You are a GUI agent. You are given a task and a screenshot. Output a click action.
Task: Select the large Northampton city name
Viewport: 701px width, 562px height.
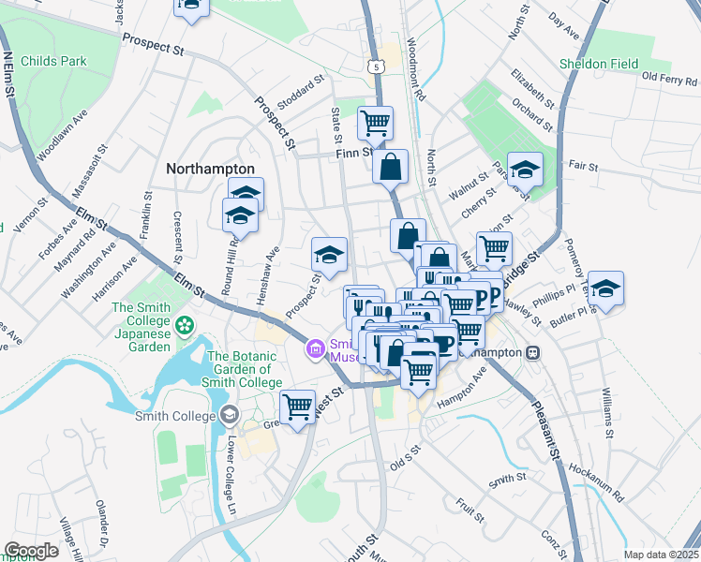(210, 169)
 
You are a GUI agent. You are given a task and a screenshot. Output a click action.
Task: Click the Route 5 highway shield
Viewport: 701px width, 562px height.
(376, 67)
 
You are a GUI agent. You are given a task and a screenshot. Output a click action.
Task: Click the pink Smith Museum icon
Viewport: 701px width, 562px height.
(315, 350)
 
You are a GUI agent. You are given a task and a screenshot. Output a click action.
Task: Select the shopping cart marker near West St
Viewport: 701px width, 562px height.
(297, 407)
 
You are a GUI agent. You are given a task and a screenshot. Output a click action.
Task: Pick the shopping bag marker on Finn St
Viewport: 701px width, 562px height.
(390, 168)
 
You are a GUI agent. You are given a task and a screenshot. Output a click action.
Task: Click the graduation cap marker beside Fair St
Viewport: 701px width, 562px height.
(526, 170)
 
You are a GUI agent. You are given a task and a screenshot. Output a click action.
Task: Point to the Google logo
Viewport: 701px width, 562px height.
(31, 551)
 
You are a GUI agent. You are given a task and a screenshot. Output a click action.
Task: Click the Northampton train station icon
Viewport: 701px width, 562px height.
(532, 352)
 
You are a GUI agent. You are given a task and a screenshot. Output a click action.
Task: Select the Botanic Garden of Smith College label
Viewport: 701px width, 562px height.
(244, 369)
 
